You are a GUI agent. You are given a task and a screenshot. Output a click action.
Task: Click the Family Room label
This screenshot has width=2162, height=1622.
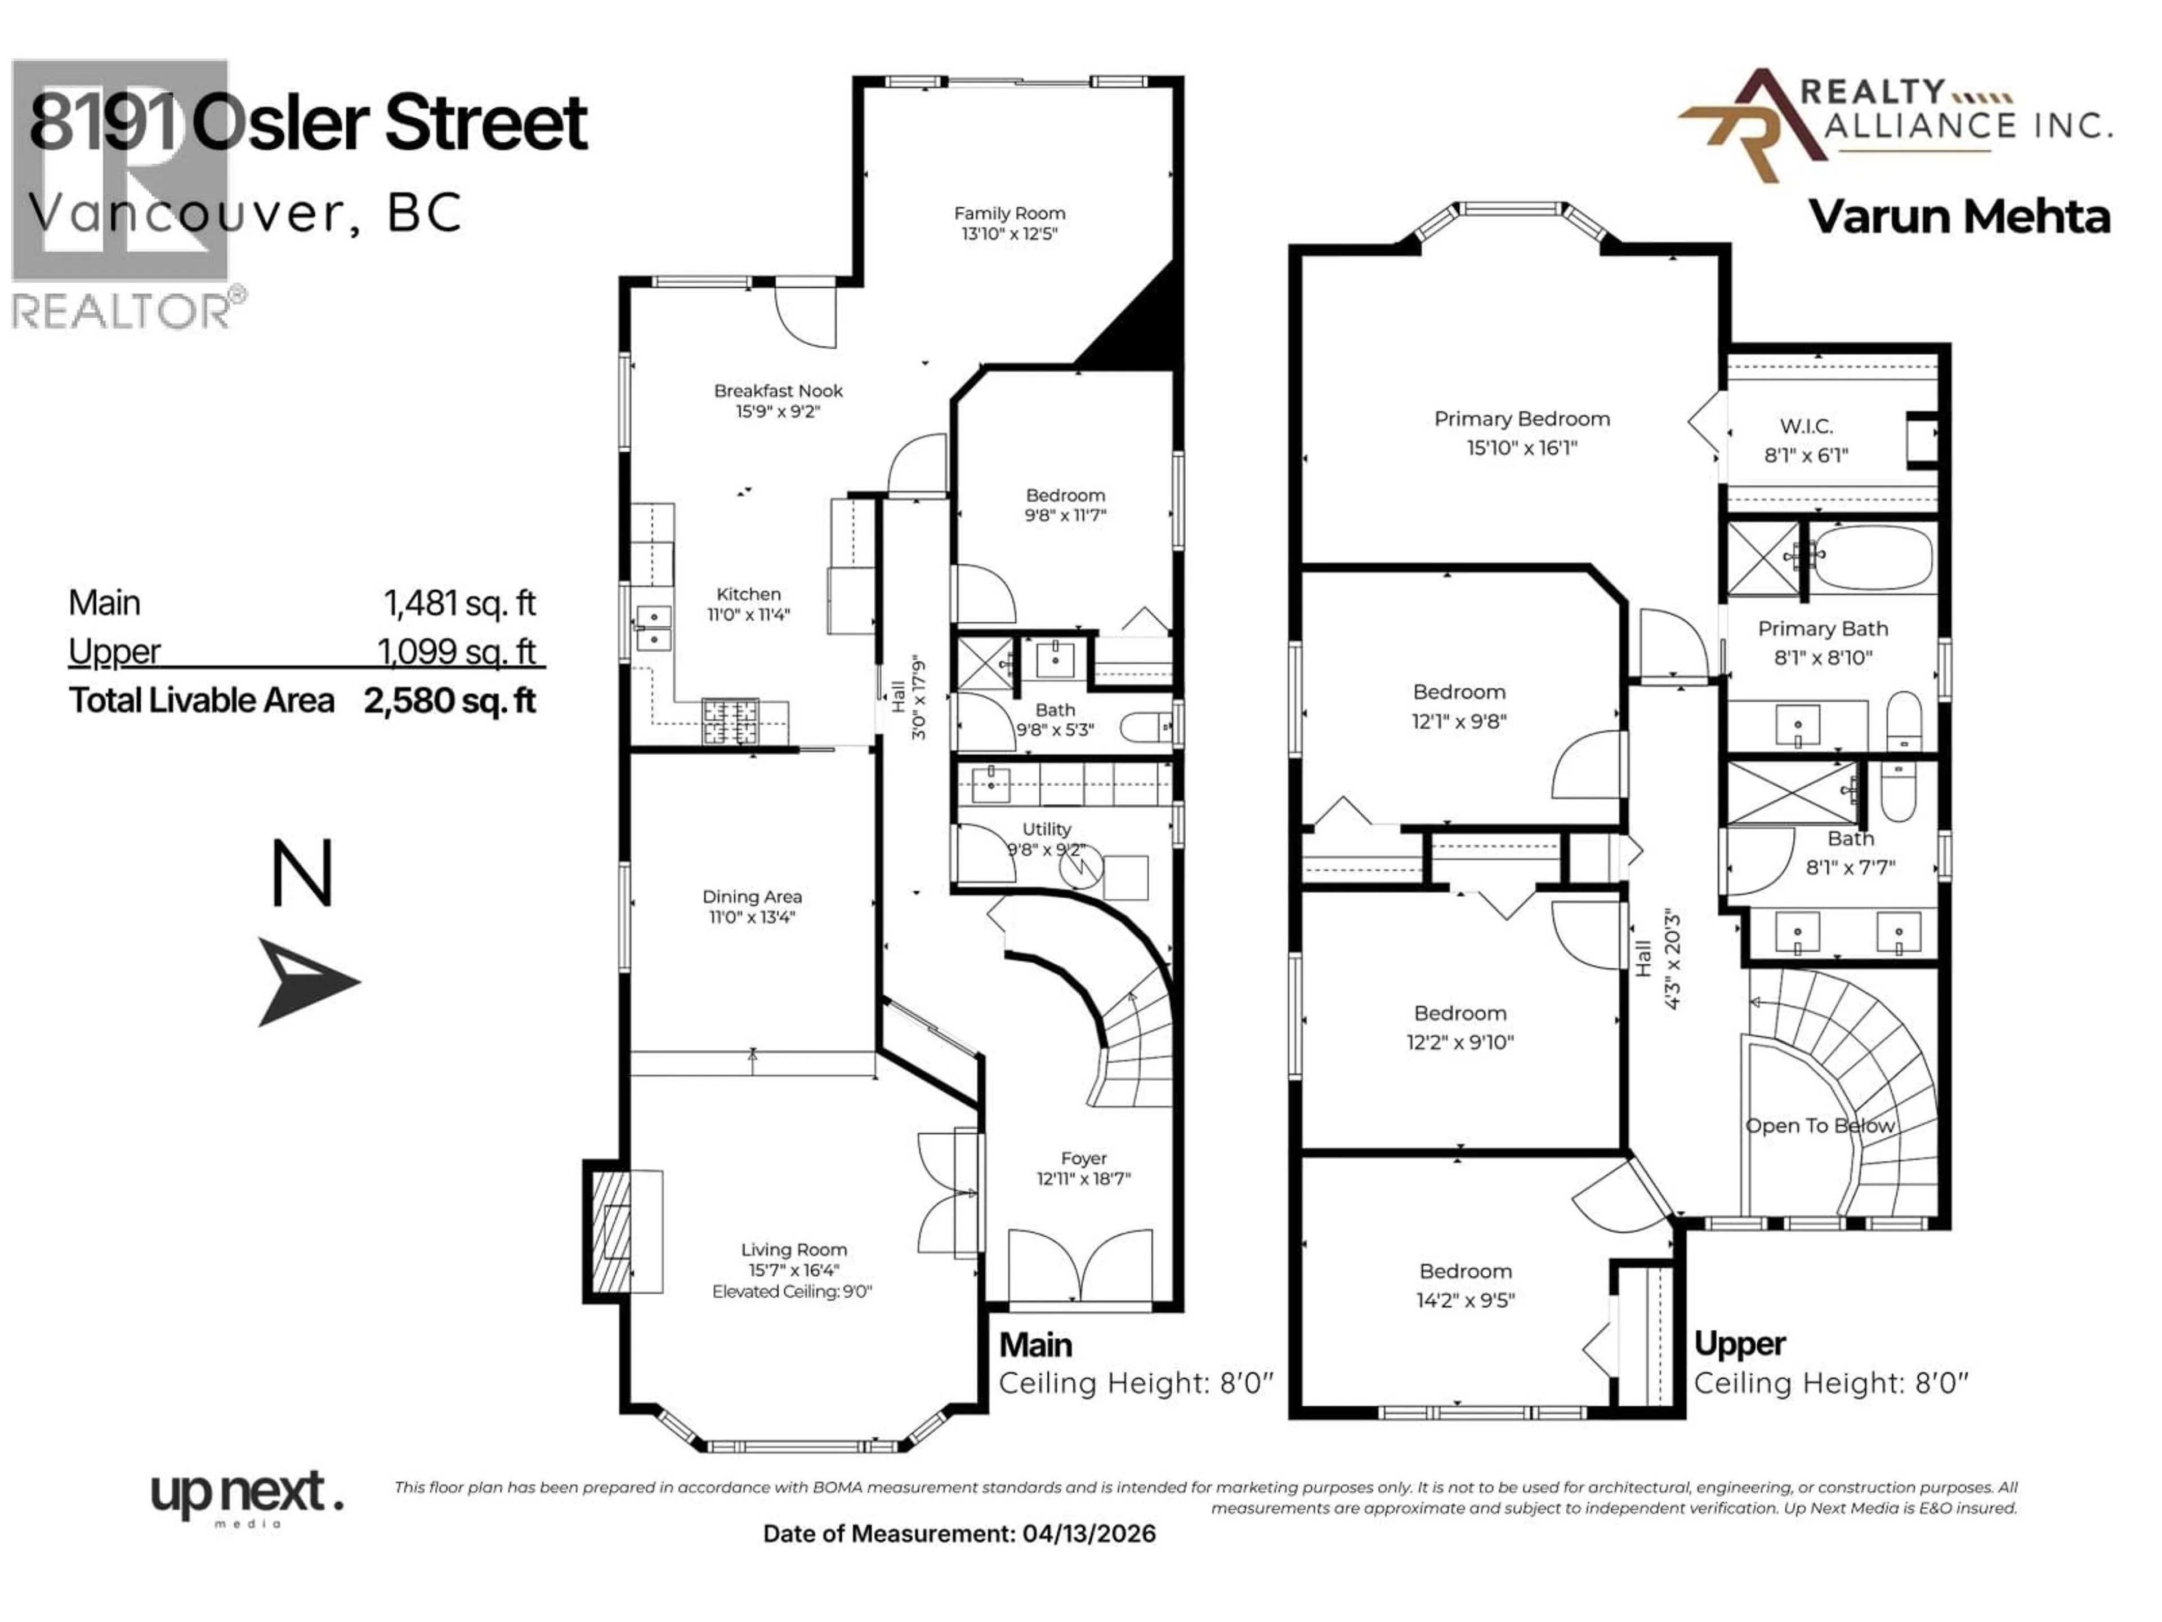click(1009, 213)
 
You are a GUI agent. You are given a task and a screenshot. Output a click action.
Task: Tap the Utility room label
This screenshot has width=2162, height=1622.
click(1046, 829)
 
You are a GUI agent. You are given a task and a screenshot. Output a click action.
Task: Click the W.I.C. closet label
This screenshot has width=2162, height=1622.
click(1805, 426)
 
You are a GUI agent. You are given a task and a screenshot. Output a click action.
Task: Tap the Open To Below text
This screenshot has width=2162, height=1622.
click(1819, 1125)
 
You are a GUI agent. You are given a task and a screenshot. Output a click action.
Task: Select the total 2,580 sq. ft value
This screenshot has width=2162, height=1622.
click(450, 700)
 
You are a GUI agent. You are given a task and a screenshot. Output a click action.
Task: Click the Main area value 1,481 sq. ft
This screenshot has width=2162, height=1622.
click(459, 603)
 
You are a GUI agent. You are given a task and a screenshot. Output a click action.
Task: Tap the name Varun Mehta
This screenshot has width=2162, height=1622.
click(1959, 217)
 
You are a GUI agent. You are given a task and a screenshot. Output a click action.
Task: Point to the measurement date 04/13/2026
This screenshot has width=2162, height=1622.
click(1089, 1533)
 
